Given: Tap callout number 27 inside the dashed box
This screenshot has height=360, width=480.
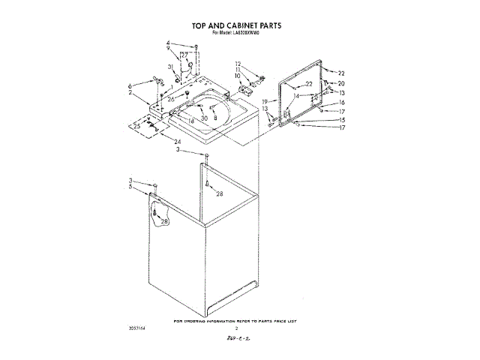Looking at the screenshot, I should click(184, 55).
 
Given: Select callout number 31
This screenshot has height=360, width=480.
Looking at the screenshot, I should click(172, 67).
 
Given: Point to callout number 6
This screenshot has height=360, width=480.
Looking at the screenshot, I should click(130, 86).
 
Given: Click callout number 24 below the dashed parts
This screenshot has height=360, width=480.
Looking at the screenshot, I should click(178, 142).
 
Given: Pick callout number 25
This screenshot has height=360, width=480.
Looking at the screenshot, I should click(137, 127).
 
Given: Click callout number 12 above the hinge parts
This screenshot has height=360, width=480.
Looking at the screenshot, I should click(238, 64).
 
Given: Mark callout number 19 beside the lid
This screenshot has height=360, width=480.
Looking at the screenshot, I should click(265, 101).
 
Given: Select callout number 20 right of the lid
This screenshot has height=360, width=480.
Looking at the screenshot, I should click(340, 83).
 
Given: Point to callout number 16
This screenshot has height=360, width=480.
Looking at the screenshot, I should click(341, 102).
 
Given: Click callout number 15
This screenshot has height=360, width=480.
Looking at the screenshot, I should click(341, 120).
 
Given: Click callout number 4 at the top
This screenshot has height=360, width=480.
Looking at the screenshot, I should click(169, 43).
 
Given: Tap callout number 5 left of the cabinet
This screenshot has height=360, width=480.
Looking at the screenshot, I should click(130, 187).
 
